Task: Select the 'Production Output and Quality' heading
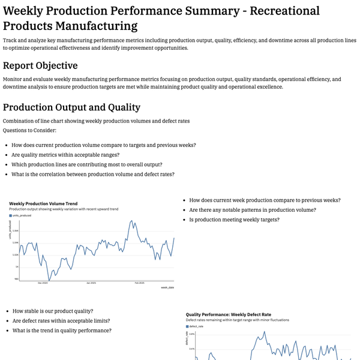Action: point(71,107)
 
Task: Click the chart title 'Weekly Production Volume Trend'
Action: point(43,204)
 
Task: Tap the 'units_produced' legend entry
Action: point(22,215)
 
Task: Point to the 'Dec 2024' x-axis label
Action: point(43,282)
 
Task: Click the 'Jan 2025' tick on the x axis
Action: point(91,282)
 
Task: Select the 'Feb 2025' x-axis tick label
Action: point(139,282)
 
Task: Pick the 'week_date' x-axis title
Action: point(167,287)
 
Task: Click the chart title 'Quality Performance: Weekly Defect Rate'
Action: point(229,314)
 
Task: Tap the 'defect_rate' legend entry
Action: point(197,326)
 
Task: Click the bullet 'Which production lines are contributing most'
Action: point(87,164)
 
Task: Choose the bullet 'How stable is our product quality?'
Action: point(53,311)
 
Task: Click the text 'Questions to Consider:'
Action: point(29,130)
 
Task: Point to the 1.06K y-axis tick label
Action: point(16,230)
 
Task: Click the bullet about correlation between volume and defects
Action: point(93,174)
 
